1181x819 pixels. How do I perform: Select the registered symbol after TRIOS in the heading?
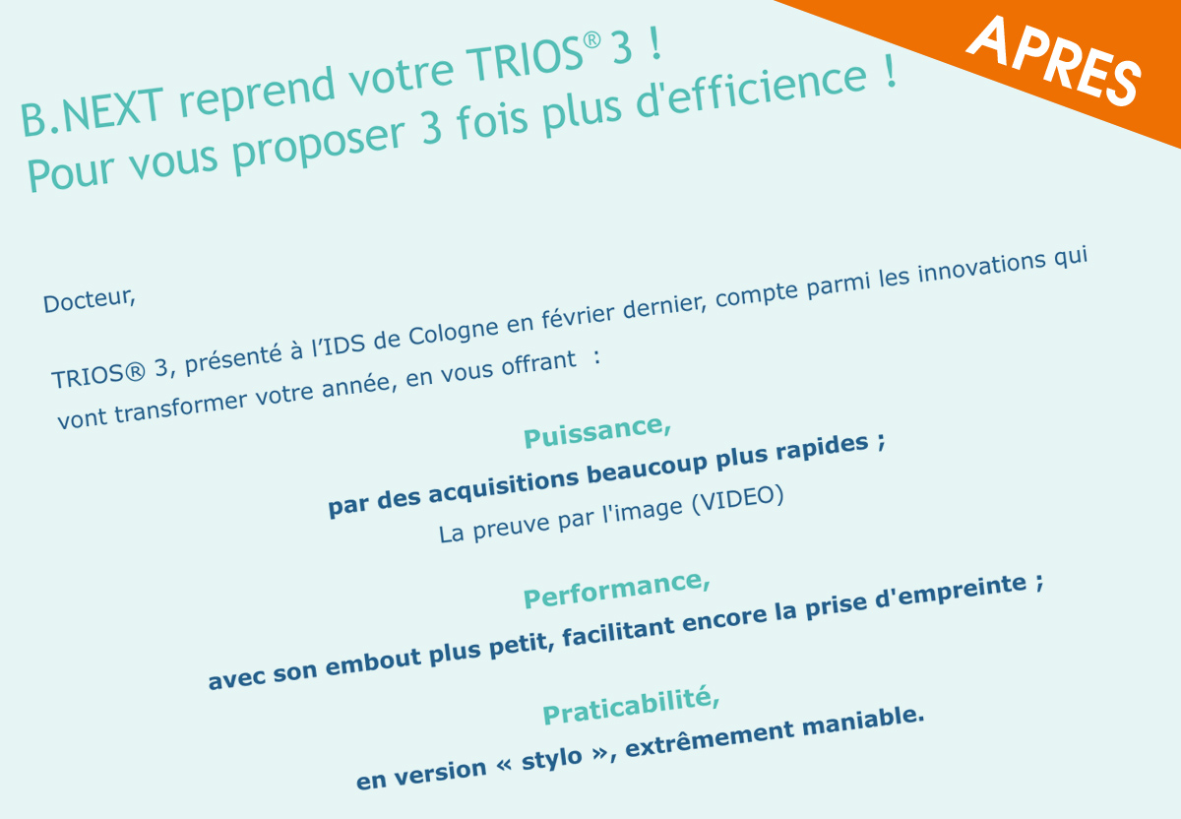591,41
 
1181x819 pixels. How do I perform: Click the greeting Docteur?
90,300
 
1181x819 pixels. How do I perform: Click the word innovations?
981,267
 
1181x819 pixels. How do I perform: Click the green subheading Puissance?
596,432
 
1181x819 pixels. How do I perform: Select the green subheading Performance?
616,591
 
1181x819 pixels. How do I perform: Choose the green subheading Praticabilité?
631,707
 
